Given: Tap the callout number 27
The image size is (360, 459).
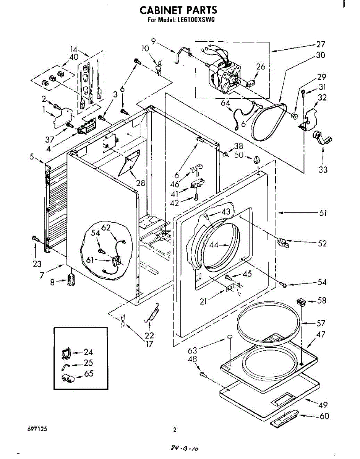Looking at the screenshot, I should [320, 44].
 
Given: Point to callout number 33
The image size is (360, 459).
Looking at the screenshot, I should [323, 169].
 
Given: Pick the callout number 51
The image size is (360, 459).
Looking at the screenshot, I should [323, 213].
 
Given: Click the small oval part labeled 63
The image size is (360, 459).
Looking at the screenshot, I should [230, 336].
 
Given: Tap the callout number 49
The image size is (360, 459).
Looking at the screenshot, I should [323, 405].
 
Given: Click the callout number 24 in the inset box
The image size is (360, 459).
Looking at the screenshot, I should [88, 352].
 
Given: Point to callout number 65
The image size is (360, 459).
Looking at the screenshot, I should [89, 374].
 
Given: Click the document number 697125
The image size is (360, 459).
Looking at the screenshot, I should [38, 429].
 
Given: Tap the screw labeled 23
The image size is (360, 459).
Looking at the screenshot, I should [35, 239].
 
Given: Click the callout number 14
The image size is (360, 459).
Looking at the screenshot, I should [74, 49].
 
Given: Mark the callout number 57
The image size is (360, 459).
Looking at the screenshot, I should [321, 323].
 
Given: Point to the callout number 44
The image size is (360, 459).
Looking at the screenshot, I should [214, 245].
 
